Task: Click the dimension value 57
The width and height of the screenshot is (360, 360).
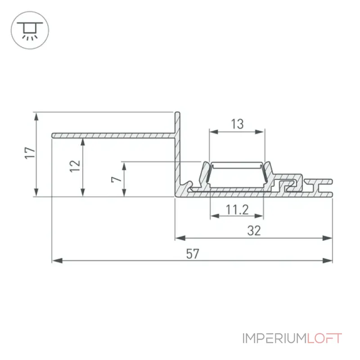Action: click(193, 254)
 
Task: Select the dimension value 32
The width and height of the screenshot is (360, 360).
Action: click(254, 231)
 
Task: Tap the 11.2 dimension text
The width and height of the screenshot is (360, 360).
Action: click(237, 210)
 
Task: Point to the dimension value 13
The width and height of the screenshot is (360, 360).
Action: click(237, 124)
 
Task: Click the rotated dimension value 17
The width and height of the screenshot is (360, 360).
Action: click(30, 153)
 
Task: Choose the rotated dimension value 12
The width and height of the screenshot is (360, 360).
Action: click(75, 166)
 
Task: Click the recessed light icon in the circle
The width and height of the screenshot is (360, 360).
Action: click(30, 31)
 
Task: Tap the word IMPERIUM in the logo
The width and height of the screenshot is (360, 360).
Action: click(274, 338)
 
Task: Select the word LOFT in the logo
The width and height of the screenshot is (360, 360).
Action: click(324, 338)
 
